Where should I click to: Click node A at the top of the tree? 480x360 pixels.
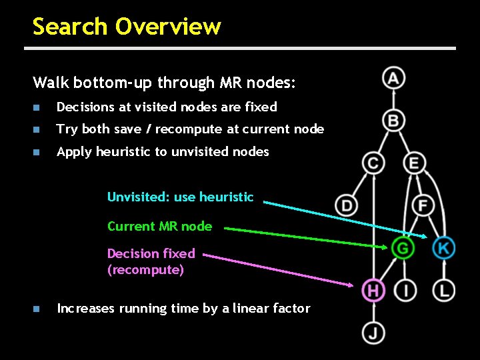(393, 79)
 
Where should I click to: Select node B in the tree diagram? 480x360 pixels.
(393, 121)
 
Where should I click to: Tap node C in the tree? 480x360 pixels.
(373, 163)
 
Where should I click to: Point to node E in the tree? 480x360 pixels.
(414, 163)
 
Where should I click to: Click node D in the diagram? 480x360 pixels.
(346, 205)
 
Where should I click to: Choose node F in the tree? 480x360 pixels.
(423, 205)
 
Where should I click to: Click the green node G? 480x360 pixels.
(403, 248)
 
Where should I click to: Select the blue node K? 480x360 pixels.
(443, 248)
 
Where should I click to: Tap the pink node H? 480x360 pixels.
(373, 290)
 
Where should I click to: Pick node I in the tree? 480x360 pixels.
(405, 290)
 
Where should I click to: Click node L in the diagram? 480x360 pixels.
(444, 290)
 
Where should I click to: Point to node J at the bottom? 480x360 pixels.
(373, 332)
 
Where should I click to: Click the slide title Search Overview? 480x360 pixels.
(127, 27)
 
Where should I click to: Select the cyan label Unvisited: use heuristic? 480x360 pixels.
(180, 197)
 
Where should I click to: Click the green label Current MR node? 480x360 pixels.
(159, 227)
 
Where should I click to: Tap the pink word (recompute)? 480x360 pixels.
(145, 270)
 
